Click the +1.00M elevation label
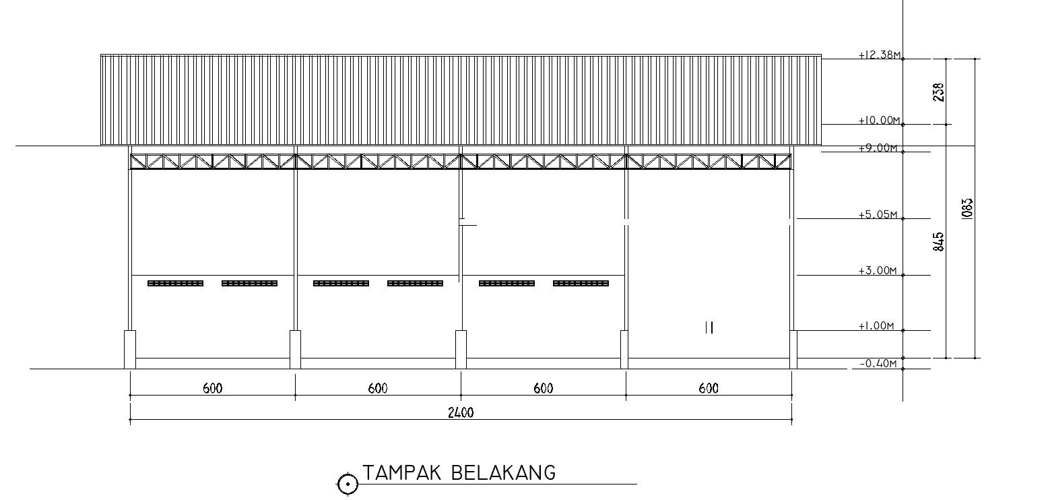click(x=876, y=327)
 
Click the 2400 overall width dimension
click(x=461, y=413)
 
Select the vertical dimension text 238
click(x=939, y=92)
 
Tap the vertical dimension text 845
click(x=939, y=242)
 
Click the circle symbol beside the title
click(x=348, y=483)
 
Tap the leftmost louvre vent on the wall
click(x=175, y=284)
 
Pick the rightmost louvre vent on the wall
click(x=581, y=284)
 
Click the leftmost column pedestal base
click(x=130, y=349)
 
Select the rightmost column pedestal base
click(x=793, y=349)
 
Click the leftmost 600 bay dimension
click(x=212, y=389)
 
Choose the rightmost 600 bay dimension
click(x=709, y=389)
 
